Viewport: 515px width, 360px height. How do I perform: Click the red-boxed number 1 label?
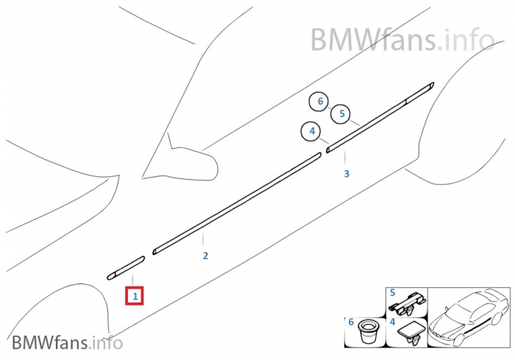coord(135,296)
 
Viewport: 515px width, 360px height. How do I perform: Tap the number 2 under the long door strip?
coord(205,256)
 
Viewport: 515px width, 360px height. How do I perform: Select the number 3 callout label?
coord(347,174)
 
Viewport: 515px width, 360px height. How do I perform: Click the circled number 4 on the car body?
coord(312,132)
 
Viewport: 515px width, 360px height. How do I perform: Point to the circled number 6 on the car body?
coord(319,102)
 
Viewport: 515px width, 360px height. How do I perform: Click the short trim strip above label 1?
coord(126,268)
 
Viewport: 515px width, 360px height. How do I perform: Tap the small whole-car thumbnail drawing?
coord(469,317)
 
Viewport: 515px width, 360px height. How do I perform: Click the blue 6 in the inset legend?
coord(351,322)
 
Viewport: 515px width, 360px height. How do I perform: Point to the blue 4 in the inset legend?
coord(393,322)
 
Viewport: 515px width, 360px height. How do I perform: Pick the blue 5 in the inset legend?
coord(392,292)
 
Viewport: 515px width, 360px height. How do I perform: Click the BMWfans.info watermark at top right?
coord(402,38)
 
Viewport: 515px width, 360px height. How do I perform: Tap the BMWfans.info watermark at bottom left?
coord(67,342)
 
